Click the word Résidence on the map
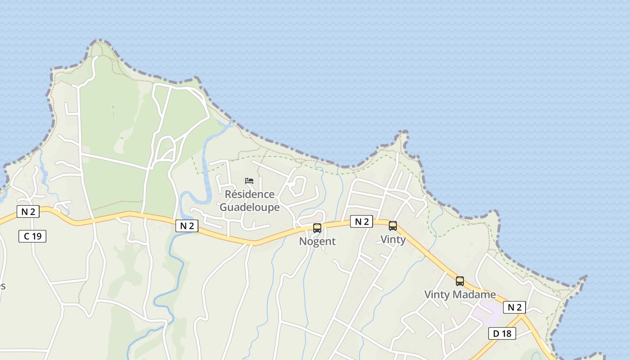[x=249, y=194]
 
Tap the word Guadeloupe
[x=249, y=207]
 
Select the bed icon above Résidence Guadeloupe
[x=249, y=181]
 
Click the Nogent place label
[x=317, y=241]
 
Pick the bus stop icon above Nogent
[x=317, y=228]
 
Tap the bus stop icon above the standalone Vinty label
[x=393, y=225]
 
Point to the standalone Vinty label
[x=393, y=239]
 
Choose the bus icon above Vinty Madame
[x=459, y=281]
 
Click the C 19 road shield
[x=32, y=236]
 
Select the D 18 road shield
[x=502, y=333]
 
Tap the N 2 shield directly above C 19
[x=28, y=211]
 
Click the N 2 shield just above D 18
[x=514, y=307]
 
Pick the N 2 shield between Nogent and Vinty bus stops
[x=361, y=221]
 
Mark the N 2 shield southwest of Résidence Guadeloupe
[x=187, y=226]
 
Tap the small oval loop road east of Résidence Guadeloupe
[x=297, y=186]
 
